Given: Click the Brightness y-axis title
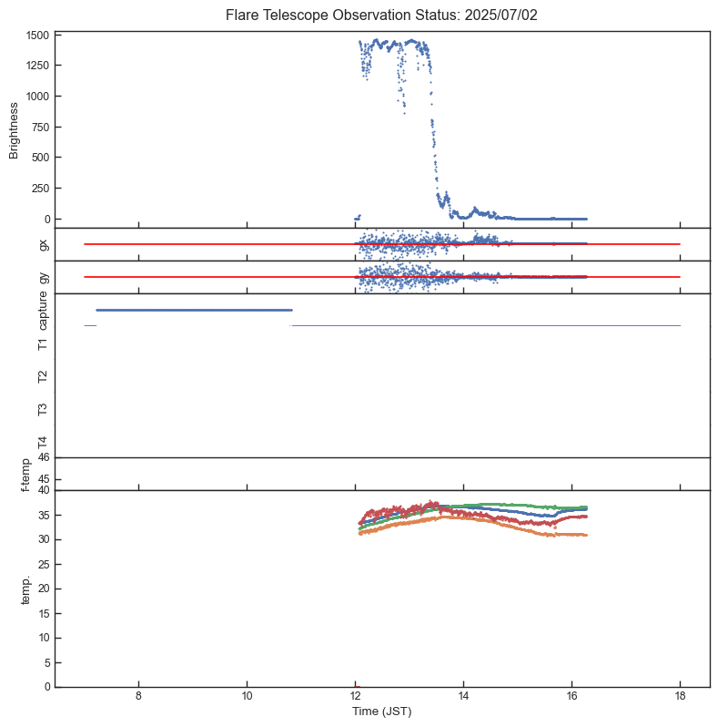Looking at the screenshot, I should [15, 130].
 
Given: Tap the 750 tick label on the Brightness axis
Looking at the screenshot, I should [39, 128].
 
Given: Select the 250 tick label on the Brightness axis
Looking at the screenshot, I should [39, 189].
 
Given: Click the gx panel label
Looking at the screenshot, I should [43, 244].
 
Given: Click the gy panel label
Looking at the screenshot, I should [43, 277].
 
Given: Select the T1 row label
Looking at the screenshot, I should [43, 343].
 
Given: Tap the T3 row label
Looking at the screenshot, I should [43, 409].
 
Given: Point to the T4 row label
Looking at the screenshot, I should [43, 442].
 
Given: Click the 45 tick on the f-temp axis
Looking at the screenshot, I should [42, 479].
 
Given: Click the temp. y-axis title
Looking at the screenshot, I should [27, 589].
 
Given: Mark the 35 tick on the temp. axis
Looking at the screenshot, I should [42, 515].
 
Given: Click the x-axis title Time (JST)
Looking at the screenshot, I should [382, 712].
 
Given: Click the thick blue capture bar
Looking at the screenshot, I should [194, 310].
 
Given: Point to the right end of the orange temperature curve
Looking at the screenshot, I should [586, 535].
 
